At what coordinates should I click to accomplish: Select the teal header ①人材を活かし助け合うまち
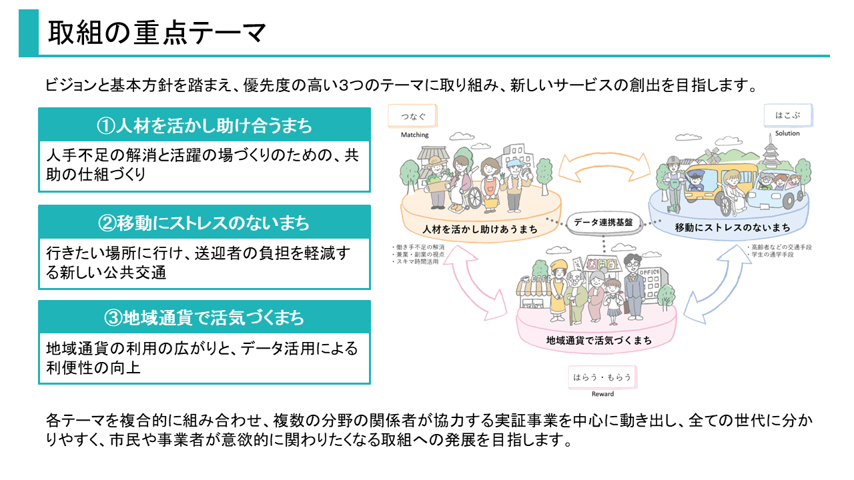204,125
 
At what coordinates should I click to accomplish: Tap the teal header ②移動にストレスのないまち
204,223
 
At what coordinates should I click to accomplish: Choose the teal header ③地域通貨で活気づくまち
204,318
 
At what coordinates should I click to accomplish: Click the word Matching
415,135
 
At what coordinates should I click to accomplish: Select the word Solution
787,133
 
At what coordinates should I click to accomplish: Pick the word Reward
602,394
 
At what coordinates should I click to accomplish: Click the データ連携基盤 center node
603,221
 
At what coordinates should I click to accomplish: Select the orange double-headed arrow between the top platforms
604,165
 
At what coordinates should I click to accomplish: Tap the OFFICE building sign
650,273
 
